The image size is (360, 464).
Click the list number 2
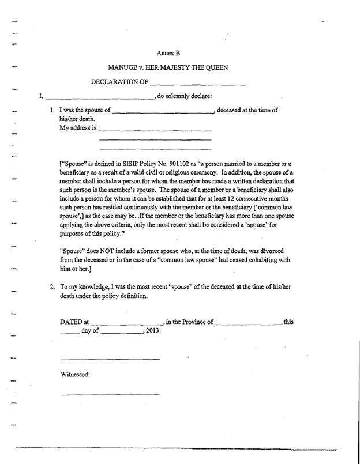pos(52,286)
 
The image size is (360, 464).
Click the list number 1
pos(52,110)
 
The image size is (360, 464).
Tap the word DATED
pos(71,322)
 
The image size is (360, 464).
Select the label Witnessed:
pos(75,375)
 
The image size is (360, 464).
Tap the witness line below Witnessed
pos(110,395)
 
